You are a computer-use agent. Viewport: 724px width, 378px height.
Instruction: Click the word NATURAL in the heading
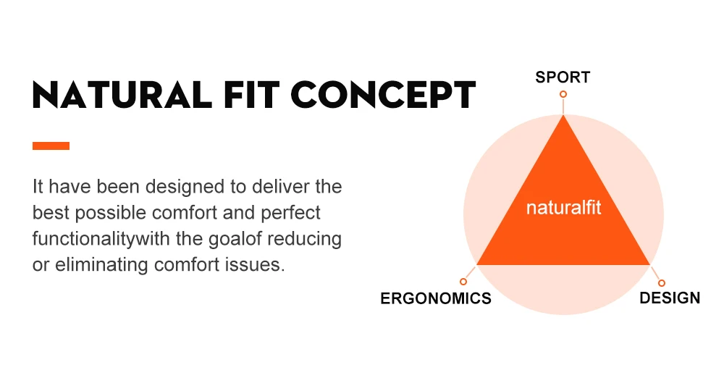coord(122,95)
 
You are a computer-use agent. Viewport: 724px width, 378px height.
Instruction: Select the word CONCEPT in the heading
coord(383,95)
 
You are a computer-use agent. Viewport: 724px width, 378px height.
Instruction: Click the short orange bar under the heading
coord(51,146)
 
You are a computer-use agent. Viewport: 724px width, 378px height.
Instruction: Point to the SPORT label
coord(563,77)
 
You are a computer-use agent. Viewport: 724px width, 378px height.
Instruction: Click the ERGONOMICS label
coord(436,298)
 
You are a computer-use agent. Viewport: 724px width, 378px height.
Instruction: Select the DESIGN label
coord(670,298)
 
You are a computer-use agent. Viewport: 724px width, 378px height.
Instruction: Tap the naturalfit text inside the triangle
coord(563,208)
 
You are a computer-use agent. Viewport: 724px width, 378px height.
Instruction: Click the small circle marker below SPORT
coord(563,94)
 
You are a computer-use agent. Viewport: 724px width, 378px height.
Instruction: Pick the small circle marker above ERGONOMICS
coord(463,282)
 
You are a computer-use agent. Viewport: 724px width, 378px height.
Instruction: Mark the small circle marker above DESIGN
coord(662,283)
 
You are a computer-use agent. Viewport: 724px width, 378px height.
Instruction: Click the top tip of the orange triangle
coord(563,115)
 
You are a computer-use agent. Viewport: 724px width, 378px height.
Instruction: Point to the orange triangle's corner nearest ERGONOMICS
coord(477,264)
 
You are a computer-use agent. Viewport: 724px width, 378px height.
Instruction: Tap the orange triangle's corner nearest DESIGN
coord(649,264)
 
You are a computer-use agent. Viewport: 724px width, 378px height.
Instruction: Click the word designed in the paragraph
coord(185,188)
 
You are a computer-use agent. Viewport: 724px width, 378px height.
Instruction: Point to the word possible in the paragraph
coord(110,213)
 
